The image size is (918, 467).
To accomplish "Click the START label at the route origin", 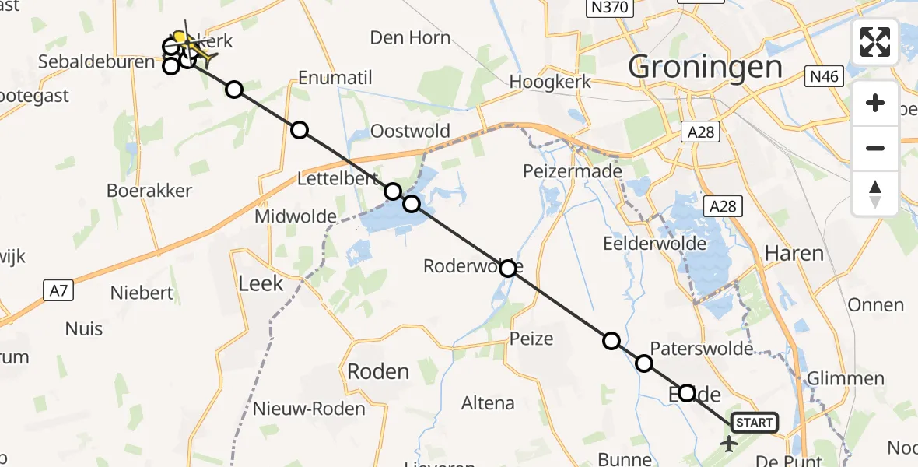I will point(754,423).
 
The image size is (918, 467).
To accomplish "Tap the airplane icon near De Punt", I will point(729,444).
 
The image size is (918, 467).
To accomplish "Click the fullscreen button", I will point(875,42).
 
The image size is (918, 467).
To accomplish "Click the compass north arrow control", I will point(875,194).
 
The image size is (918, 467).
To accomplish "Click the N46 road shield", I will point(824,76).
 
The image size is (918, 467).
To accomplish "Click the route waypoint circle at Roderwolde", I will point(508,269).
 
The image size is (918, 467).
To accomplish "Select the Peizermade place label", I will point(573,171).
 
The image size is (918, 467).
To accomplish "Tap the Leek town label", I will point(261,283).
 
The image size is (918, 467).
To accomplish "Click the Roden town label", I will point(378,371).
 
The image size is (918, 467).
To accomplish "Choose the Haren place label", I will point(794,253).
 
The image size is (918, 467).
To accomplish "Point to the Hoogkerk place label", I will point(552,82).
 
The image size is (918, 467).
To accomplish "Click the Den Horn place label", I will point(410,37).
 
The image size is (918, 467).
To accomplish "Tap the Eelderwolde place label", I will point(655,244).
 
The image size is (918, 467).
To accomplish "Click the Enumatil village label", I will point(335,78).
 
